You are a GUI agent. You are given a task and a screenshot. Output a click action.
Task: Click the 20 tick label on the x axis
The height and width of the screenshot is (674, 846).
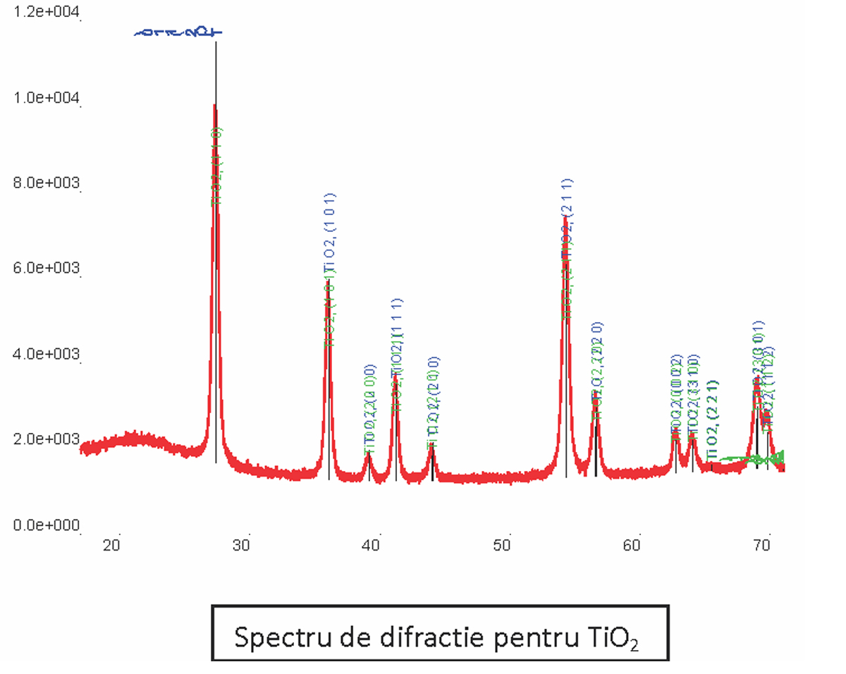[111, 545]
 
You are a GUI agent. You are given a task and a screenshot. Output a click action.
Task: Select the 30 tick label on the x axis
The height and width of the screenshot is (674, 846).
[242, 545]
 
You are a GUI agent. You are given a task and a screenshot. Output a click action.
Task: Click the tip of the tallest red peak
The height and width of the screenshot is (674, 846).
[215, 105]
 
